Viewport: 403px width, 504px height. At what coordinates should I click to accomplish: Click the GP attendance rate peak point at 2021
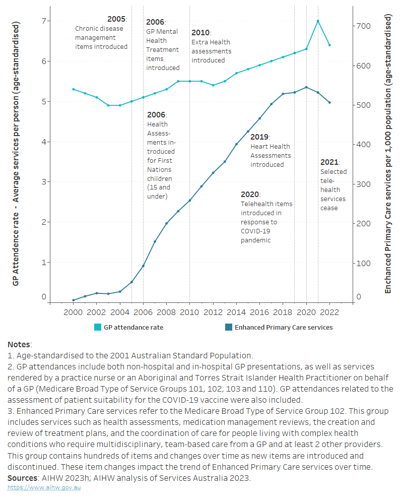coord(318,21)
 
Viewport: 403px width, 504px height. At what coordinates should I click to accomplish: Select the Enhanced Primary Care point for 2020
coord(306,87)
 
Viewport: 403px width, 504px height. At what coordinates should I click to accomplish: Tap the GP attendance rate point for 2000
coord(73,89)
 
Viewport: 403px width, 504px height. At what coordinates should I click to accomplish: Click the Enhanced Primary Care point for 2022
coord(329,102)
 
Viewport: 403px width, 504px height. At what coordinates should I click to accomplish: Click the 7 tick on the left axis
coord(43,21)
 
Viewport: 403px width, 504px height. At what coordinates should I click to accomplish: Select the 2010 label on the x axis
coord(190,312)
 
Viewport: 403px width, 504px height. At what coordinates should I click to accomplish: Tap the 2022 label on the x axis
coord(329,312)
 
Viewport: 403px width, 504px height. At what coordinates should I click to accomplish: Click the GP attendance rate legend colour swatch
coord(98,327)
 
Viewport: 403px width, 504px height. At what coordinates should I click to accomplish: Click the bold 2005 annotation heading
coord(116,19)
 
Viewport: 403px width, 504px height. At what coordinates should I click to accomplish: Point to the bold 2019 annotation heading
coord(259,137)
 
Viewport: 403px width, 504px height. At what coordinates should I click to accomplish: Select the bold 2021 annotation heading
coord(330,162)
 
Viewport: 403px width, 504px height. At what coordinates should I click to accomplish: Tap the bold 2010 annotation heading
coord(200,32)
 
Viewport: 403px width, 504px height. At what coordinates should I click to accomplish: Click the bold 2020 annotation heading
coord(250,194)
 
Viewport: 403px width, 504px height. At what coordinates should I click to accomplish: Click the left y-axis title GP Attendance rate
coord(16,154)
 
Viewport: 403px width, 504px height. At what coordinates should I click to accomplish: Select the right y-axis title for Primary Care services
coord(388,154)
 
